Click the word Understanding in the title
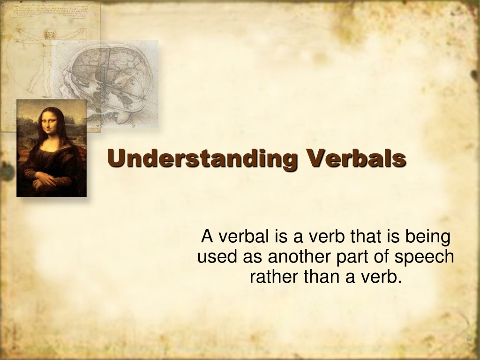pos(202,159)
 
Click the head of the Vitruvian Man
pos(48,34)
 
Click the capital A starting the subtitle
pos(207,236)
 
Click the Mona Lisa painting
pos(52,148)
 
